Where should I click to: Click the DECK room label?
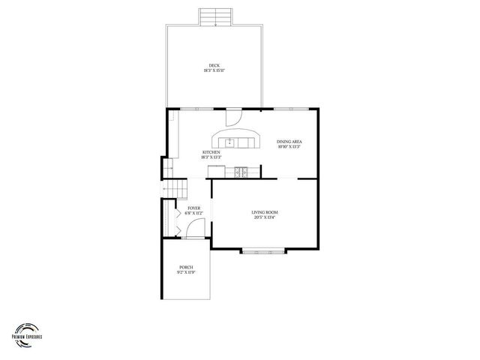pos(214,65)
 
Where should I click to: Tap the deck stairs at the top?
pos(215,16)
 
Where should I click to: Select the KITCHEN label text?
pos(211,152)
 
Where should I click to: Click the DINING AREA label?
pos(289,142)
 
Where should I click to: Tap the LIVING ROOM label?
pos(264,212)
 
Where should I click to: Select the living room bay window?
pos(263,251)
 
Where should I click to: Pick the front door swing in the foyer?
pos(191,231)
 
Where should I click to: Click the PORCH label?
pos(186,268)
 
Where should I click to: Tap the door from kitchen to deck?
pos(232,117)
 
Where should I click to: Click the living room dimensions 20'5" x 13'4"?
pos(264,218)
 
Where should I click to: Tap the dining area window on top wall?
pos(283,109)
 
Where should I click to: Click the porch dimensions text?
pos(186,273)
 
